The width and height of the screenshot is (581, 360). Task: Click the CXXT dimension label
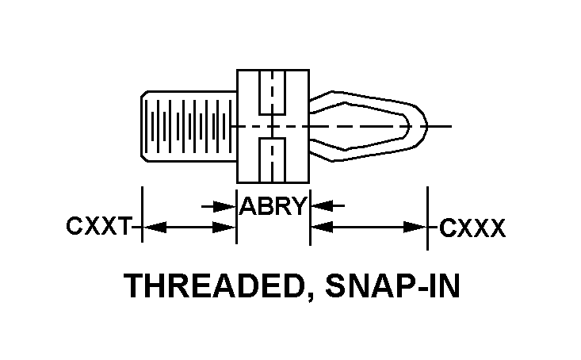[x=97, y=228]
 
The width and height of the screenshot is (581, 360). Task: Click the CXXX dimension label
[x=472, y=229]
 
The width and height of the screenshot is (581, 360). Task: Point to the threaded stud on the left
[x=189, y=125]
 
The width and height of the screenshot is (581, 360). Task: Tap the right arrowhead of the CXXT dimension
[x=228, y=228]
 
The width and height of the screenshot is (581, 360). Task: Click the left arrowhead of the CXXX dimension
[x=319, y=228]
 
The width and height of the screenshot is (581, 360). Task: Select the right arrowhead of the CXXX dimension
[x=419, y=228]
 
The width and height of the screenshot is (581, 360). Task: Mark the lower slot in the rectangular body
[x=272, y=160]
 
